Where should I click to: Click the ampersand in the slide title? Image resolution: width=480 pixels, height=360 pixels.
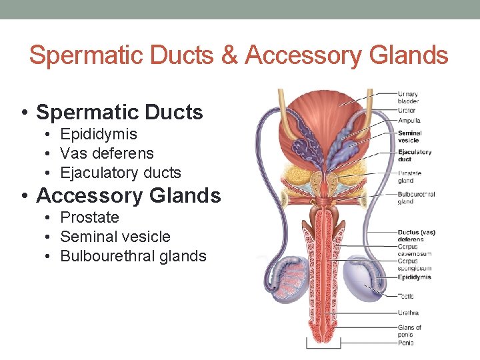coord(228,55)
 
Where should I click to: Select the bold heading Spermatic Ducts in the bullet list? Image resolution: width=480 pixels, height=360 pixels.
coord(119,112)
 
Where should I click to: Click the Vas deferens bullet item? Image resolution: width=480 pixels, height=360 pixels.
coord(107,153)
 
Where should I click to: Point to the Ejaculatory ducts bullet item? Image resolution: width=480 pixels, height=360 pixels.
coord(120,173)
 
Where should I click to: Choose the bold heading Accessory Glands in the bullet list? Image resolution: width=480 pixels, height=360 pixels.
coord(128,195)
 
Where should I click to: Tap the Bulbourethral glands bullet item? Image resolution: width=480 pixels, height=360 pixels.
coord(133,256)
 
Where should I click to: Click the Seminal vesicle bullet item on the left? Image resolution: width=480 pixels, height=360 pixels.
coord(115,237)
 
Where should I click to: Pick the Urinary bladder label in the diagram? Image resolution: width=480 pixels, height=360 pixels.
coord(408,97)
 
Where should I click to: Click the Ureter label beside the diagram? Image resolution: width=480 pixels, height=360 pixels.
coord(406,110)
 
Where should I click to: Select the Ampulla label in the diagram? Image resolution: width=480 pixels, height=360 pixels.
coord(409,121)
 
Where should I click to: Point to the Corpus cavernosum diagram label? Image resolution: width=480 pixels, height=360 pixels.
coord(415,250)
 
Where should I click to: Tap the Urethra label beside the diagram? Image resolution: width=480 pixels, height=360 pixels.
coord(408,312)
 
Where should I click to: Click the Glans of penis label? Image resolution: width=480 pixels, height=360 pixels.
coord(409,331)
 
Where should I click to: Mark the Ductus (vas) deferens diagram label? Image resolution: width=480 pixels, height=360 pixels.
coord(416,235)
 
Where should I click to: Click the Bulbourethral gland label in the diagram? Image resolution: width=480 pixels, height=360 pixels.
coord(415,198)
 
